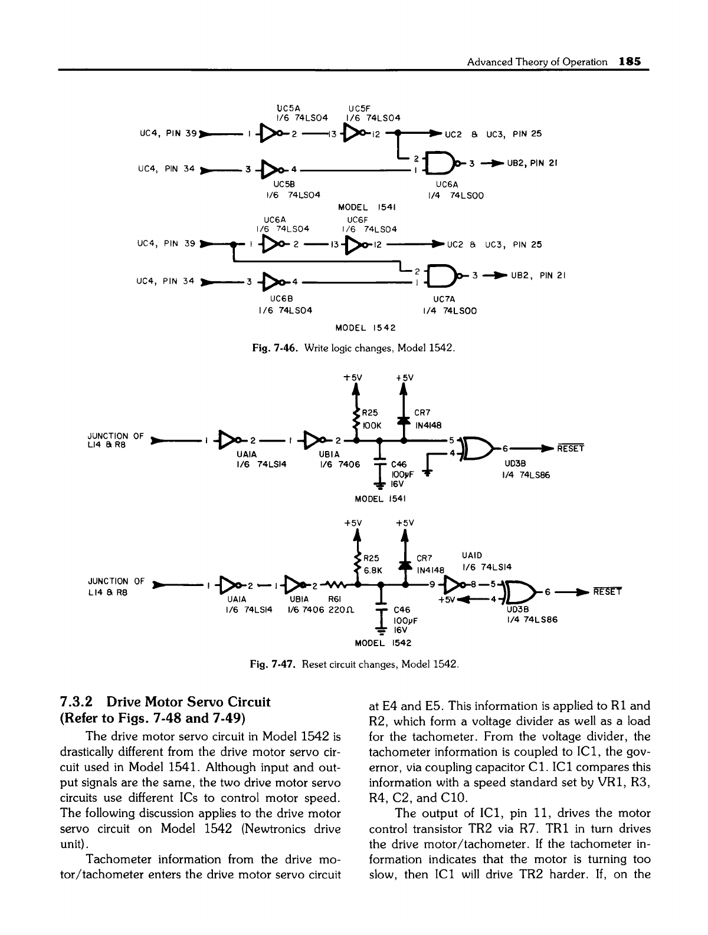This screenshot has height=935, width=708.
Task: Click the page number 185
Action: click(631, 61)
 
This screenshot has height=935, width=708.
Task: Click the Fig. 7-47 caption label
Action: click(274, 665)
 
